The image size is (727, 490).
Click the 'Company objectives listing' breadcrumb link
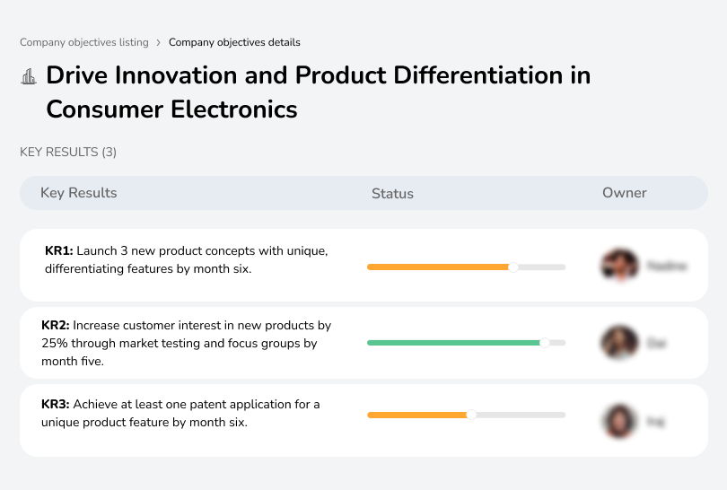[x=84, y=42]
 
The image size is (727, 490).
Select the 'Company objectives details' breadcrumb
[x=234, y=42]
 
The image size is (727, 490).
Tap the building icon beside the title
[x=29, y=77]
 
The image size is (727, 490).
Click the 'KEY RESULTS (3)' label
[x=68, y=153]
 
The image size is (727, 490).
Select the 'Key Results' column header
[x=78, y=193]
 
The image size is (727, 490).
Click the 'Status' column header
[x=392, y=193]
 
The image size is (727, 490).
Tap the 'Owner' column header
[x=625, y=193]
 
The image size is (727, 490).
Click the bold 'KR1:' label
[x=58, y=251]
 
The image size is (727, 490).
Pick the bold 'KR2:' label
[x=56, y=326]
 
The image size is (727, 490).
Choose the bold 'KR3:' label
[x=56, y=405]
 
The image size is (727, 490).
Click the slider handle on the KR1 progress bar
[x=513, y=267]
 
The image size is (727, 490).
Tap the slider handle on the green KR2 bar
[x=544, y=343]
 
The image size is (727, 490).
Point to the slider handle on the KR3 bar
[x=471, y=415]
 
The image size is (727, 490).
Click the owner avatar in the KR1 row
[x=619, y=266]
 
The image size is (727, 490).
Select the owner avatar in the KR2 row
[x=619, y=343]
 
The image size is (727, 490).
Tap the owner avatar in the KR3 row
[x=619, y=421]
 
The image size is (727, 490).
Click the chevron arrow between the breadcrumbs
[x=159, y=42]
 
